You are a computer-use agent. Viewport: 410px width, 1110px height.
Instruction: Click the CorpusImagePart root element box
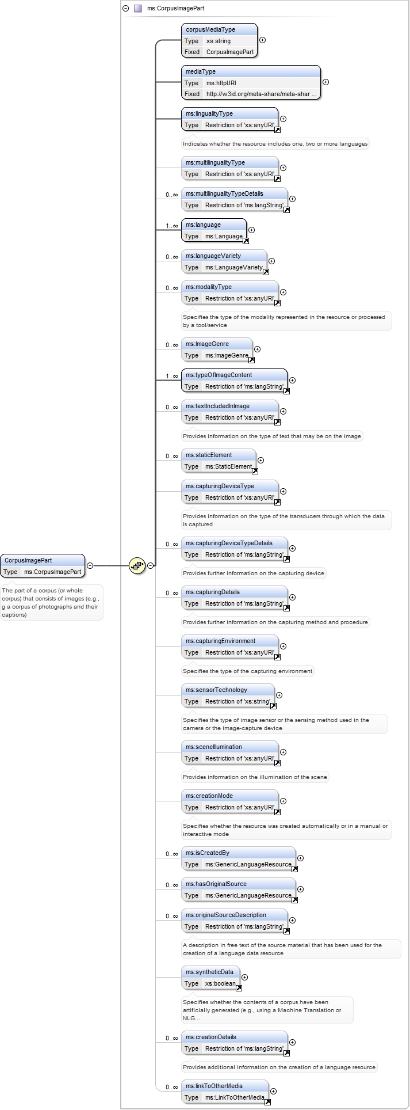[x=43, y=565]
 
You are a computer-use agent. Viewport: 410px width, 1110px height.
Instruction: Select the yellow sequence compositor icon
[x=137, y=565]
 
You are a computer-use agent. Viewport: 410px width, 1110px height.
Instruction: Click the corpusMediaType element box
[x=219, y=40]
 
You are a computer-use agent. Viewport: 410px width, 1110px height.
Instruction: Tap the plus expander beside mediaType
[x=325, y=82]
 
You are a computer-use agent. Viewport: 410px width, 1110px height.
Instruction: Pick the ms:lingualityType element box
[x=229, y=119]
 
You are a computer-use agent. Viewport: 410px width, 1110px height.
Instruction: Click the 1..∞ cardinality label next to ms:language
[x=172, y=226]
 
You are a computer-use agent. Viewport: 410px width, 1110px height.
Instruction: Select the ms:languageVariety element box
[x=224, y=261]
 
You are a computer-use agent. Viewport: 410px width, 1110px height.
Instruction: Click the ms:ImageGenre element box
[x=217, y=349]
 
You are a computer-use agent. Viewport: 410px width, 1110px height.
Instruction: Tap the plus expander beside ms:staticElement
[x=260, y=460]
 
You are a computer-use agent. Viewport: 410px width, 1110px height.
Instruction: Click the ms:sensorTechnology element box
[x=228, y=695]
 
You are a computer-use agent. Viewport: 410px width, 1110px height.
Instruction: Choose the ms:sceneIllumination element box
[x=229, y=752]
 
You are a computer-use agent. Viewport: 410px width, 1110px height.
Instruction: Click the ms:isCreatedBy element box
[x=239, y=858]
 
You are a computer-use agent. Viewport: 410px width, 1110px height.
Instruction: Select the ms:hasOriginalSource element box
[x=239, y=889]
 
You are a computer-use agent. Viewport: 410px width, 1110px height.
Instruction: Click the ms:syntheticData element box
[x=210, y=978]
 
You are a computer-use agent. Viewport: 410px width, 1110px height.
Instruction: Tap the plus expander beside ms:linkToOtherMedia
[x=273, y=1091]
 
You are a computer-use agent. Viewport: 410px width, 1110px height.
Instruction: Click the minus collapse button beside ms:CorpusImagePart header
[x=125, y=9]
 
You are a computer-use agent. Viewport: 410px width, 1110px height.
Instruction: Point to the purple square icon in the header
[x=137, y=9]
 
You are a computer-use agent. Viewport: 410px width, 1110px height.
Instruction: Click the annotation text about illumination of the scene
[x=255, y=777]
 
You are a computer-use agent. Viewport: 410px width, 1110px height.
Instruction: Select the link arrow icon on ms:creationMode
[x=277, y=812]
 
